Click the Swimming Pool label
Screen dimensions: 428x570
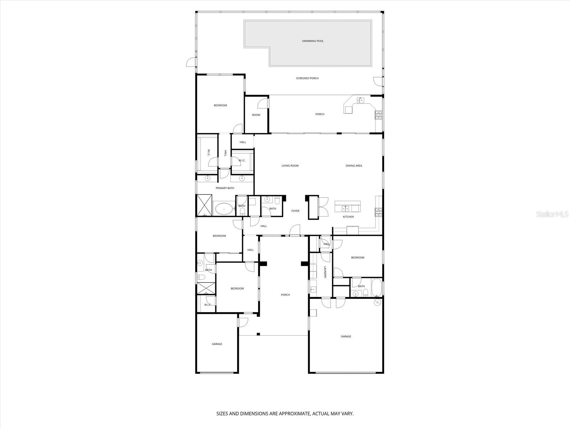[313, 41]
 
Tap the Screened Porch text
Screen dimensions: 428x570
[307, 78]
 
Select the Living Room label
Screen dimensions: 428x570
[290, 165]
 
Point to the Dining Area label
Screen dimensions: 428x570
[354, 165]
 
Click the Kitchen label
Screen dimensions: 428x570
[348, 217]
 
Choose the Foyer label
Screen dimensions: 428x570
[295, 211]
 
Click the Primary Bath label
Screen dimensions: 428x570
[225, 188]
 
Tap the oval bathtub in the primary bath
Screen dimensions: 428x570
[223, 208]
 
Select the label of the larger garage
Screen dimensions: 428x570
[346, 336]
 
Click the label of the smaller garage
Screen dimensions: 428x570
[217, 344]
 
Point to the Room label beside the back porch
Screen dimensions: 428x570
[256, 115]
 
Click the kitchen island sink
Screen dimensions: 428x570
[345, 208]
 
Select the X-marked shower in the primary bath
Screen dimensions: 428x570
[204, 205]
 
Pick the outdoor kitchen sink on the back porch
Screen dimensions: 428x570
[361, 100]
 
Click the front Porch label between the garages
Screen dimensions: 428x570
[285, 295]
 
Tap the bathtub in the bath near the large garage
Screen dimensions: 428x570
[376, 287]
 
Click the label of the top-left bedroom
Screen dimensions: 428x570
[220, 105]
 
